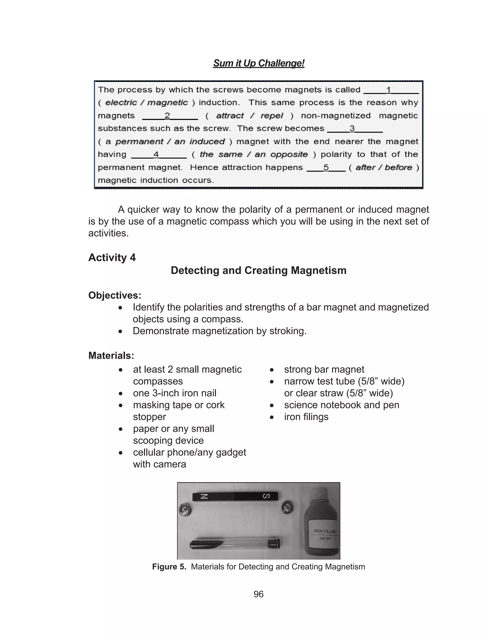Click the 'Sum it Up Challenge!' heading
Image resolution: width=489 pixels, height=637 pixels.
(259, 63)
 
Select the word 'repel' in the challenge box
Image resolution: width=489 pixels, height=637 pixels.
(271, 116)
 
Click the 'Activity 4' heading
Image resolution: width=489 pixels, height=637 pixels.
(112, 258)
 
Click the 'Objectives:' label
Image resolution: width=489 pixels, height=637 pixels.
(115, 295)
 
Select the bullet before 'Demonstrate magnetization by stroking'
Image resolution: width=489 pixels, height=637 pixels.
(120, 331)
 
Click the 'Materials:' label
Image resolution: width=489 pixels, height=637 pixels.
(111, 355)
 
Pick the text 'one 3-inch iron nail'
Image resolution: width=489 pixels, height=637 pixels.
(174, 393)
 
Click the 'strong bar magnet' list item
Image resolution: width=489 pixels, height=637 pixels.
(324, 369)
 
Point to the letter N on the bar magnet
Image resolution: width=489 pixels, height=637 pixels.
(205, 496)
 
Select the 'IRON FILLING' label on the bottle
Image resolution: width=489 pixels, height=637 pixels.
(324, 531)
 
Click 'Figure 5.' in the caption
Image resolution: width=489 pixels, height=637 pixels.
(169, 567)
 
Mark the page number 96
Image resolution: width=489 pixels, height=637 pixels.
(259, 594)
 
